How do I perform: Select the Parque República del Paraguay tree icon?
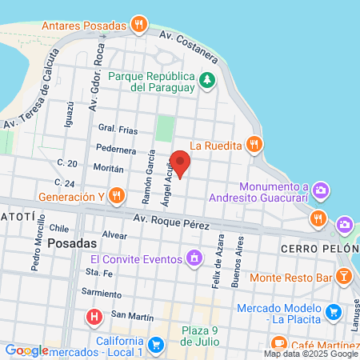pyautogui.click(x=207, y=79)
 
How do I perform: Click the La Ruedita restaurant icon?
pyautogui.click(x=254, y=144)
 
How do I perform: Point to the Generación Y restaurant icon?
pyautogui.click(x=117, y=195)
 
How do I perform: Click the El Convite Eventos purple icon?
pyautogui.click(x=193, y=258)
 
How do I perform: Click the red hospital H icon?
pyautogui.click(x=94, y=318)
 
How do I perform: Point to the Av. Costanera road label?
pyautogui.click(x=188, y=46)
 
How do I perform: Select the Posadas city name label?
pyautogui.click(x=72, y=243)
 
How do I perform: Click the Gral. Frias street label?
pyautogui.click(x=117, y=128)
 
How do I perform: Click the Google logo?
pyautogui.click(x=26, y=350)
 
